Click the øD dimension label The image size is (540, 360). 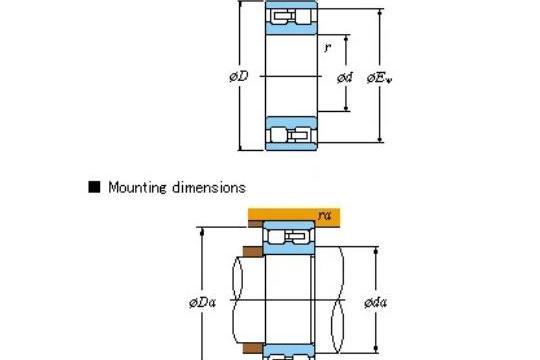click(x=239, y=76)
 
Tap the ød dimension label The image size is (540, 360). click(x=345, y=78)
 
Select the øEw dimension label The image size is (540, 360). click(x=379, y=78)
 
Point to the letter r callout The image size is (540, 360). click(x=327, y=48)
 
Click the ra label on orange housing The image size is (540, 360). click(x=324, y=215)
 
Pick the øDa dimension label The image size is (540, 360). click(x=202, y=302)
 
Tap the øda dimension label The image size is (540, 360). click(x=375, y=302)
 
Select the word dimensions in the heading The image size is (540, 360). click(x=209, y=187)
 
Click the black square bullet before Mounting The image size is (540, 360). click(x=94, y=187)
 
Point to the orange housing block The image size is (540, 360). click(x=294, y=217)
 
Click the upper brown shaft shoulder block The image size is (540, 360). click(x=253, y=252)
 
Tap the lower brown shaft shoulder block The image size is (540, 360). click(x=253, y=348)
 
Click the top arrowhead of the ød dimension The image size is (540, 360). click(x=346, y=38)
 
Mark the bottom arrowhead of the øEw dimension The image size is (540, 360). click(x=380, y=138)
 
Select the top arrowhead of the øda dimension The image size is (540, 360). click(x=376, y=250)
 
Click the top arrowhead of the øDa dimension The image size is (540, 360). click(x=202, y=231)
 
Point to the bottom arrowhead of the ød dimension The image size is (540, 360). click(x=346, y=108)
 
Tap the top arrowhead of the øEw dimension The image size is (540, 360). click(x=380, y=13)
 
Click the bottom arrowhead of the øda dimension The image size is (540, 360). click(x=376, y=349)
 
